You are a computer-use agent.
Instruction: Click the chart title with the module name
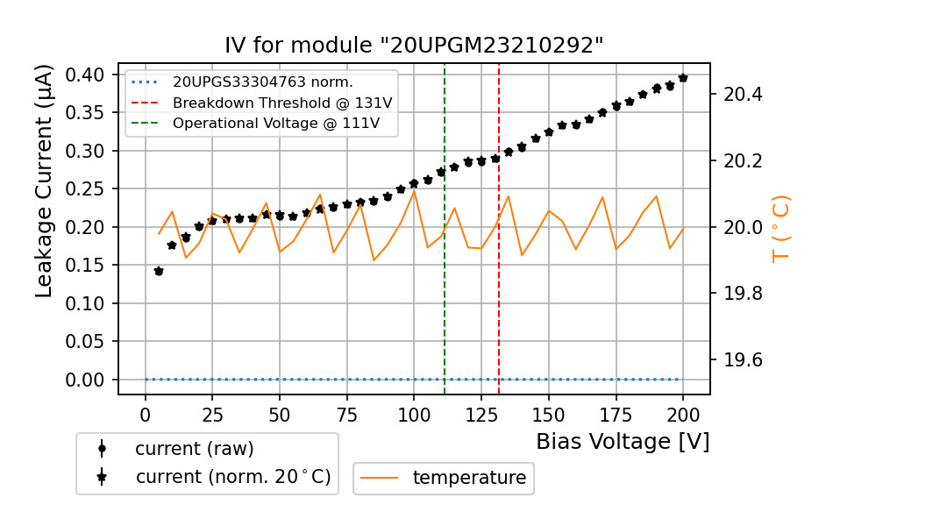click(x=414, y=46)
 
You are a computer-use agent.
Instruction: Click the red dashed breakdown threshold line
click(x=499, y=289)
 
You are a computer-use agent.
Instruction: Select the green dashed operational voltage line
click(x=445, y=289)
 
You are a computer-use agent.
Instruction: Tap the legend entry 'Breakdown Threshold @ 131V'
click(x=281, y=103)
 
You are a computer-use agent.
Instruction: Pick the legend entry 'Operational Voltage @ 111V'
click(x=275, y=124)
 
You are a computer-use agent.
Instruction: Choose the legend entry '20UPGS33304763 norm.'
click(x=262, y=82)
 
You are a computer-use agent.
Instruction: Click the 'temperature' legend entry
click(x=468, y=478)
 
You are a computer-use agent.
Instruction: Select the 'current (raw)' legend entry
click(x=194, y=449)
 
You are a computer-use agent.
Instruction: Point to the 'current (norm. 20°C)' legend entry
click(x=232, y=478)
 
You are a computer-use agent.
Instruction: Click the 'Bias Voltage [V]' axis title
click(x=623, y=441)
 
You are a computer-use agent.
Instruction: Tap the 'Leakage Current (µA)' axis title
click(x=45, y=181)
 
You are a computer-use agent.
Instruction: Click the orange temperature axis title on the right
click(x=780, y=229)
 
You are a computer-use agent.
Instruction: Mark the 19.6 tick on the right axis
click(x=739, y=360)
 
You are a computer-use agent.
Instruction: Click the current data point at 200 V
click(x=683, y=78)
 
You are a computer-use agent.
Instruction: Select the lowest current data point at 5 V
click(x=159, y=271)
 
